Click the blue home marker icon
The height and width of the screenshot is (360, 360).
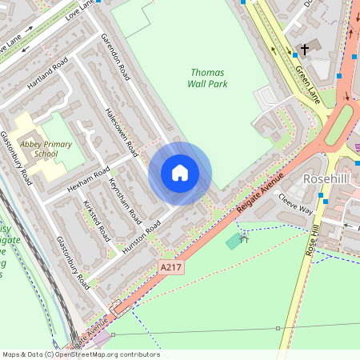pos(180,173)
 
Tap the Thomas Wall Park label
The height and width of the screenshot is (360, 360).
pos(208,78)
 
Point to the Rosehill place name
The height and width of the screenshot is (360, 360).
pos(327,179)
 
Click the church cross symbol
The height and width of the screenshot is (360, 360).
pos(304,50)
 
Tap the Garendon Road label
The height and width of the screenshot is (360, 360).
pos(115,57)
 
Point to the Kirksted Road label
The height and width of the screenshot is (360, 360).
pos(98,222)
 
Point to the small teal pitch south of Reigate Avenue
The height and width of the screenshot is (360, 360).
pos(234,241)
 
